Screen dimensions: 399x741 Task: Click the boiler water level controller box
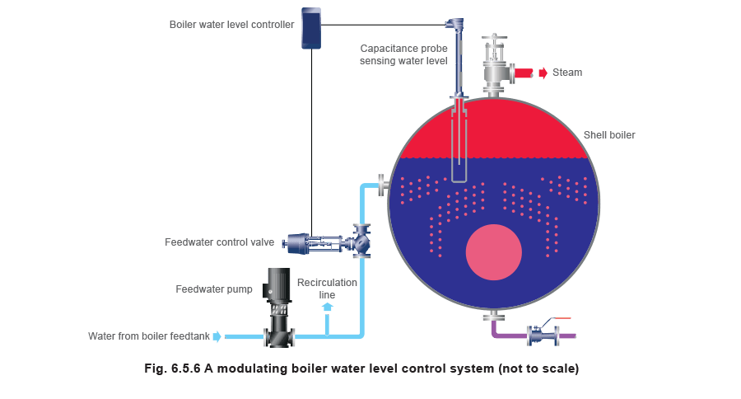(x=311, y=27)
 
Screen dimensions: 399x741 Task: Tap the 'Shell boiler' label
(x=608, y=134)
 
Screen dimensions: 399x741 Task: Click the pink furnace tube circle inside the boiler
(x=493, y=251)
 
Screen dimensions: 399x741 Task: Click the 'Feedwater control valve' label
(x=220, y=242)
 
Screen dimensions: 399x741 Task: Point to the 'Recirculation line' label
(x=328, y=288)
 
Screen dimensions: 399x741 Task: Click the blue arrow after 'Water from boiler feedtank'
(x=217, y=336)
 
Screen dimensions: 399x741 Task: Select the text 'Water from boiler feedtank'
(x=148, y=336)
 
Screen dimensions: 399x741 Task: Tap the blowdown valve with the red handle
(x=543, y=332)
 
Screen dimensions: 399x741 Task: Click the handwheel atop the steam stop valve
(x=493, y=39)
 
